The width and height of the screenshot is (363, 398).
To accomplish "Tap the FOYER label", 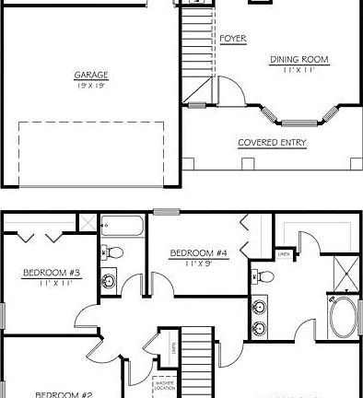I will pyautogui.click(x=232, y=39).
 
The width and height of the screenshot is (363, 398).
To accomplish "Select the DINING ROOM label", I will pyautogui.click(x=299, y=60).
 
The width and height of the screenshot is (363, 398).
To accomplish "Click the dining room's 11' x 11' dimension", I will pyautogui.click(x=299, y=70).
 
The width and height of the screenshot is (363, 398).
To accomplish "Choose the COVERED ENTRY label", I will pyautogui.click(x=273, y=143).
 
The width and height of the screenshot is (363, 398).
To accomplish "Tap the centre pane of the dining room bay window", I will pyautogui.click(x=299, y=122).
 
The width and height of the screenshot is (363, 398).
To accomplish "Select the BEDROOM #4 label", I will pyautogui.click(x=198, y=252).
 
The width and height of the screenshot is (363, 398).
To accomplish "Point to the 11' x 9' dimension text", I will pyautogui.click(x=198, y=263).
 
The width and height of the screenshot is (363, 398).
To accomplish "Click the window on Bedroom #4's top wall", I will pyautogui.click(x=166, y=213).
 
